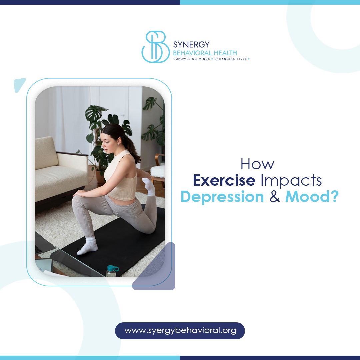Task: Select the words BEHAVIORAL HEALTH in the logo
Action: coord(205,53)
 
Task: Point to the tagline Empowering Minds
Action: coord(192,59)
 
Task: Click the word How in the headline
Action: coord(257,164)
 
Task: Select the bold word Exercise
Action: coord(224,180)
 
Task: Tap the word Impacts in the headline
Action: coord(291,180)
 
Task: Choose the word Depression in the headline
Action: coord(222,197)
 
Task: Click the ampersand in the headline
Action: coord(275,197)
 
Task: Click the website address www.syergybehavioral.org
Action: coord(180,331)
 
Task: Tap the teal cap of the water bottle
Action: coord(113,268)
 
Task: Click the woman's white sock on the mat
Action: coord(88,247)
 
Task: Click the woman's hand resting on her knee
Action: coord(80,193)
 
